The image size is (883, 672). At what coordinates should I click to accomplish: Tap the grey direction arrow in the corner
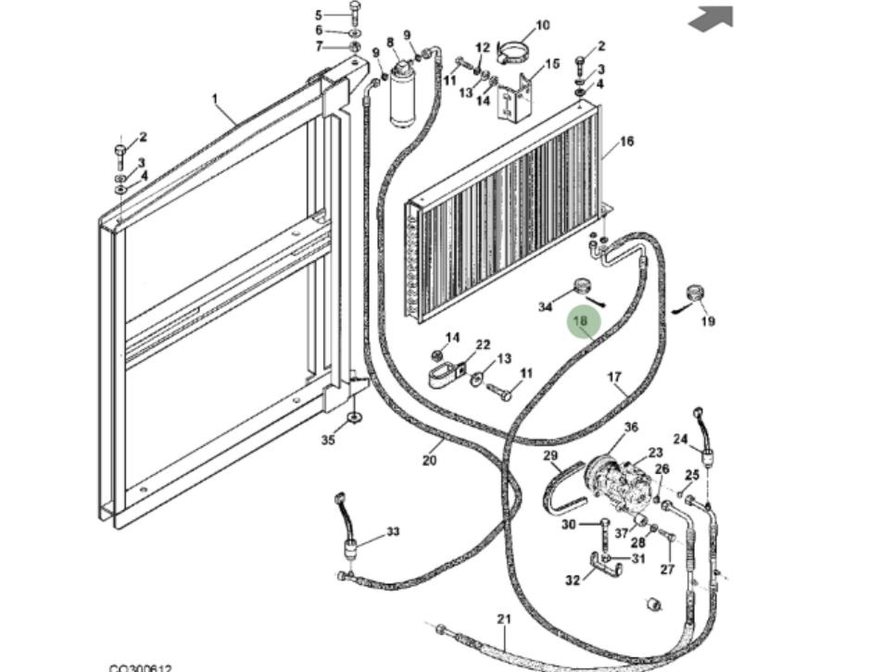[x=713, y=18]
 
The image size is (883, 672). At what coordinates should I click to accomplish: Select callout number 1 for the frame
[x=214, y=98]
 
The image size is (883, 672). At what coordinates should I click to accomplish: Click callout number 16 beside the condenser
[x=627, y=142]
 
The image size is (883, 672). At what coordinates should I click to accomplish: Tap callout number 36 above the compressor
[x=631, y=427]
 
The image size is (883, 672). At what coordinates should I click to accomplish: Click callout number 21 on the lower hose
[x=504, y=618]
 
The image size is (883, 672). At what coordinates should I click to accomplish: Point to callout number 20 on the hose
[x=429, y=460]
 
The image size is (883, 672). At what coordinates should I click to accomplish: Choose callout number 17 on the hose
[x=614, y=377]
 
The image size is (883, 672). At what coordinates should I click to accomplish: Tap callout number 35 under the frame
[x=328, y=440]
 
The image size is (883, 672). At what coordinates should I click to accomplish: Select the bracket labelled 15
[x=518, y=100]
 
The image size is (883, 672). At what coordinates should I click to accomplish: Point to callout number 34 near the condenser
[x=546, y=306]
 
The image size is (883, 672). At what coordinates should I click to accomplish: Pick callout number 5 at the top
[x=319, y=15]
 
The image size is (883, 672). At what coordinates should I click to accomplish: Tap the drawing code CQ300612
[x=140, y=667]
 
